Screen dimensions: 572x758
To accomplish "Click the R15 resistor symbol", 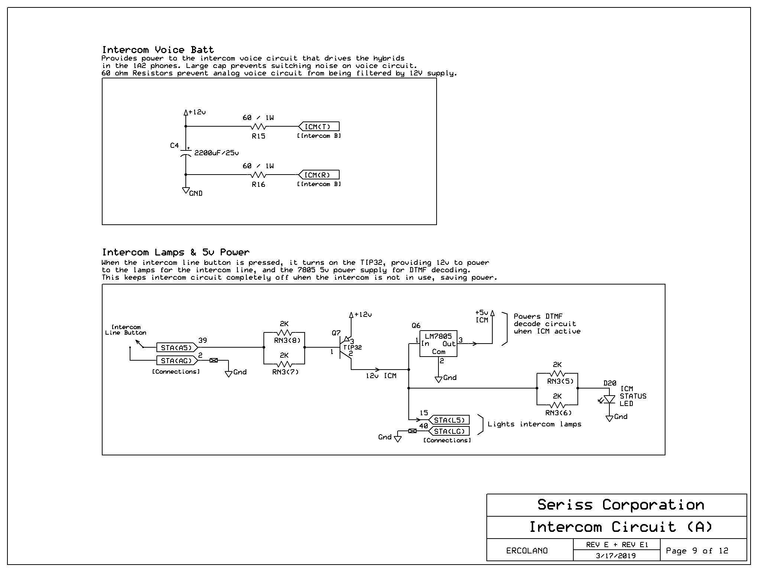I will click(x=259, y=127).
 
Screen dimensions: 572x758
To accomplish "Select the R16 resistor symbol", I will click(x=259, y=175).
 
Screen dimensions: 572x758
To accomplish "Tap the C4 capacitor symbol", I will click(x=185, y=153).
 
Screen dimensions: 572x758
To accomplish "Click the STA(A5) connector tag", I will click(x=177, y=348).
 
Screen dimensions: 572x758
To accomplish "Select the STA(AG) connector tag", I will click(x=177, y=361).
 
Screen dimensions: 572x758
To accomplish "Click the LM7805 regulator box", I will click(x=438, y=344).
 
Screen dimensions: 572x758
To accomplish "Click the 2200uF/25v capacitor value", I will click(x=216, y=153).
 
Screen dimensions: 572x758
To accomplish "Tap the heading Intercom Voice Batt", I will click(x=158, y=50).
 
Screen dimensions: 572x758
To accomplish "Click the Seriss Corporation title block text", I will click(x=621, y=505).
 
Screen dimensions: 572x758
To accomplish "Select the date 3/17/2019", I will click(x=616, y=556).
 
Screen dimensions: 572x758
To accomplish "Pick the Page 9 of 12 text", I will click(x=697, y=551).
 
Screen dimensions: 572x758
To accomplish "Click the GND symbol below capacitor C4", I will click(x=186, y=191).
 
